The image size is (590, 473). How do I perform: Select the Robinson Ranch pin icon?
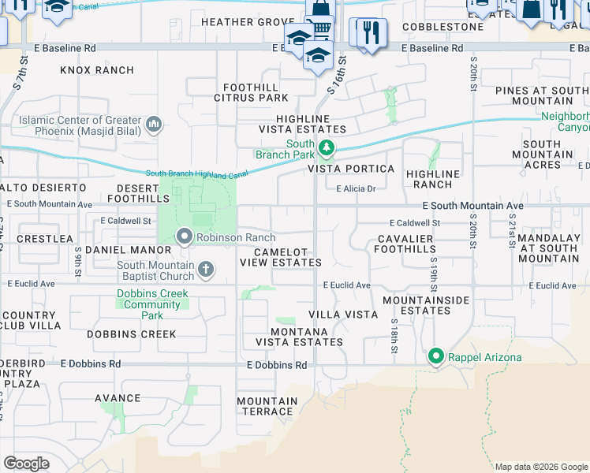pyautogui.click(x=185, y=237)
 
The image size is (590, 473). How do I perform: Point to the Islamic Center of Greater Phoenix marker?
pyautogui.click(x=154, y=124)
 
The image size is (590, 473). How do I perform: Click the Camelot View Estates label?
pyautogui.click(x=287, y=257)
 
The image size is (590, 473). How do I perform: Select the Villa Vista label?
pyautogui.click(x=343, y=314)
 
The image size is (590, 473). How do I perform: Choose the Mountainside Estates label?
pyautogui.click(x=426, y=306)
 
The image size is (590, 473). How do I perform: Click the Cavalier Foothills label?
pyautogui.click(x=417, y=244)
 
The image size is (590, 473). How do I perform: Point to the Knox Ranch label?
pyautogui.click(x=97, y=70)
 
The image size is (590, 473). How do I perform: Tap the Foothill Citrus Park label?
pyautogui.click(x=251, y=92)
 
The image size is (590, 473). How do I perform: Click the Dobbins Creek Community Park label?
pyautogui.click(x=153, y=304)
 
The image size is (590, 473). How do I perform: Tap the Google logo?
pyautogui.click(x=27, y=463)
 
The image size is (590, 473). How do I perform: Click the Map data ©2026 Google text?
pyautogui.click(x=541, y=467)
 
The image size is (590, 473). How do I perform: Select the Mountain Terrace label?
pyautogui.click(x=267, y=406)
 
